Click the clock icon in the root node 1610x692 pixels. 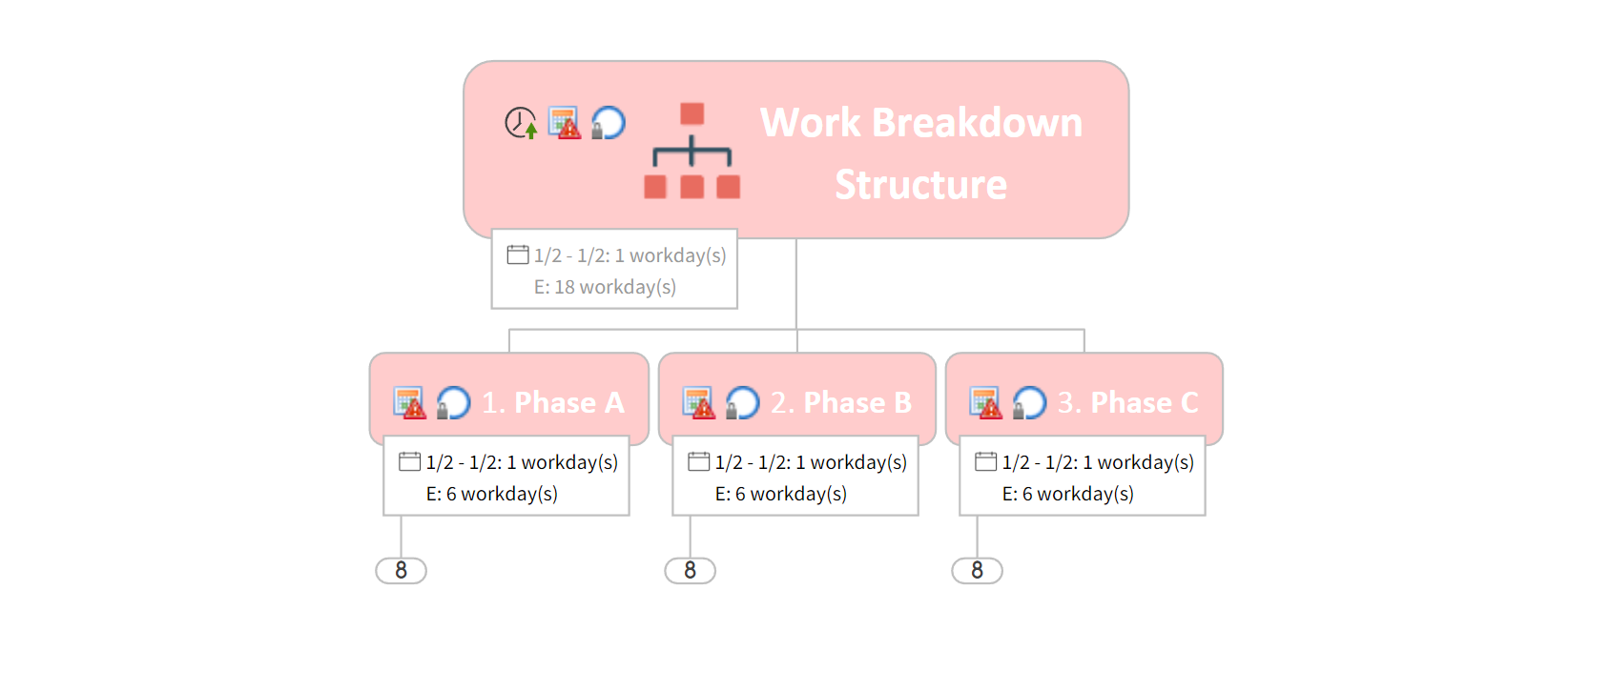pos(521,123)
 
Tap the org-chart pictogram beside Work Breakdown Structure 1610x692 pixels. pos(692,152)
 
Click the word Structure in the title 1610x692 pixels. pos(920,185)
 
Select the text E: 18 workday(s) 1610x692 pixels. pos(605,287)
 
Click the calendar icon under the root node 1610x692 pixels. pos(518,254)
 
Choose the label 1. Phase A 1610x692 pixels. pos(553,403)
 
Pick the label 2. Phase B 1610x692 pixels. pos(841,403)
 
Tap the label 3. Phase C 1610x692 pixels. pos(1128,403)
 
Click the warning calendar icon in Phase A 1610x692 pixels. pos(410,403)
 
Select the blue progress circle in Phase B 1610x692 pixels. pos(742,403)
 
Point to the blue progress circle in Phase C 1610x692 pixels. pos(1029,403)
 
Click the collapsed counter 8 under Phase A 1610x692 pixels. pos(401,570)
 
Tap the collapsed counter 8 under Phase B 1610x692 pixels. pos(690,570)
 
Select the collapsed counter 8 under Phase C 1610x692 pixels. pos(977,570)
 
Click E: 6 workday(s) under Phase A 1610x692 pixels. pos(492,494)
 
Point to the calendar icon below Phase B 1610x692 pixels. pos(699,461)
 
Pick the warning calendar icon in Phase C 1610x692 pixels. pos(986,403)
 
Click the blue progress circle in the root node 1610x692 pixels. pos(609,123)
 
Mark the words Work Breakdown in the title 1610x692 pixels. pos(921,123)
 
